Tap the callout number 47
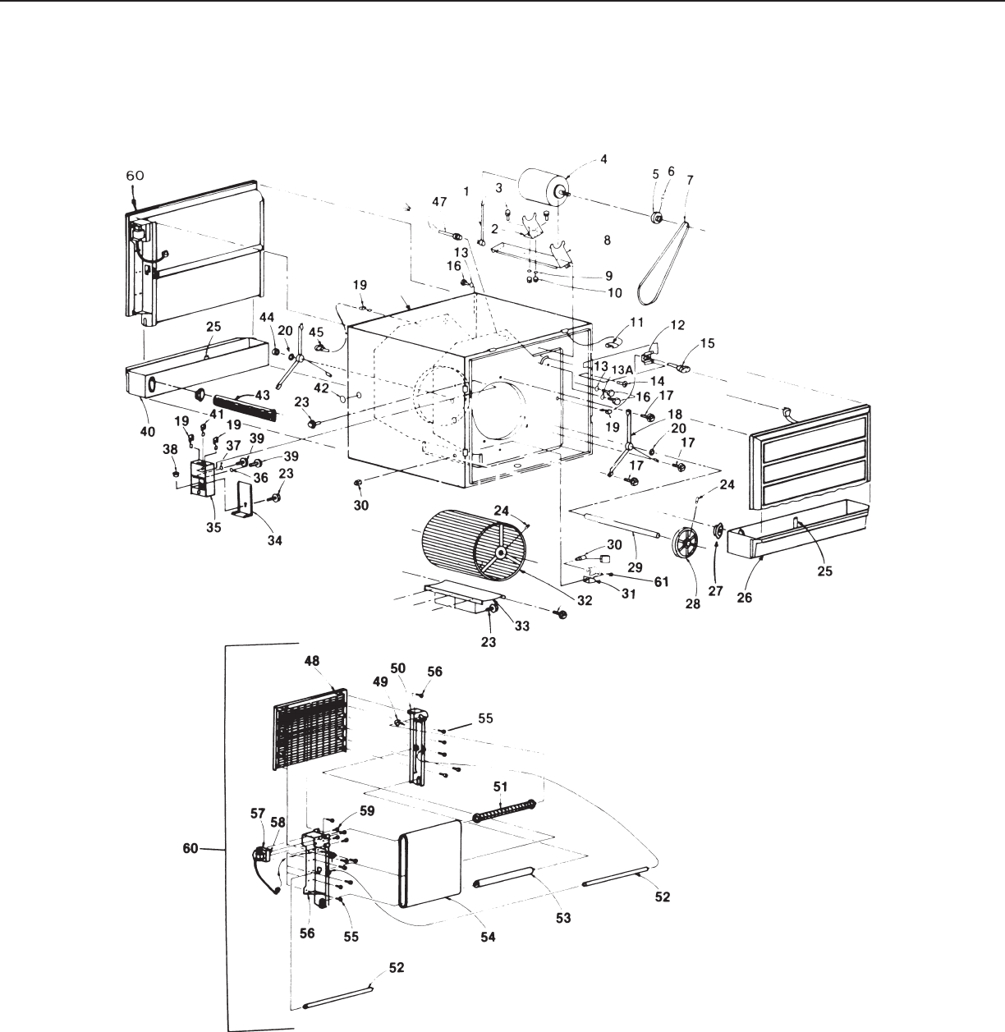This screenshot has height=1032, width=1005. click(x=439, y=201)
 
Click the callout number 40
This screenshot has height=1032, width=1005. click(x=148, y=432)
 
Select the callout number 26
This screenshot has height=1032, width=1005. click(x=745, y=597)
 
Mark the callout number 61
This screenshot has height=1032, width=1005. click(x=661, y=582)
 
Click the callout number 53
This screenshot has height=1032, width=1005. click(x=563, y=917)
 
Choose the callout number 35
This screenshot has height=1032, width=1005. click(x=214, y=527)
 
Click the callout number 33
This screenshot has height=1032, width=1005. click(x=522, y=626)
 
